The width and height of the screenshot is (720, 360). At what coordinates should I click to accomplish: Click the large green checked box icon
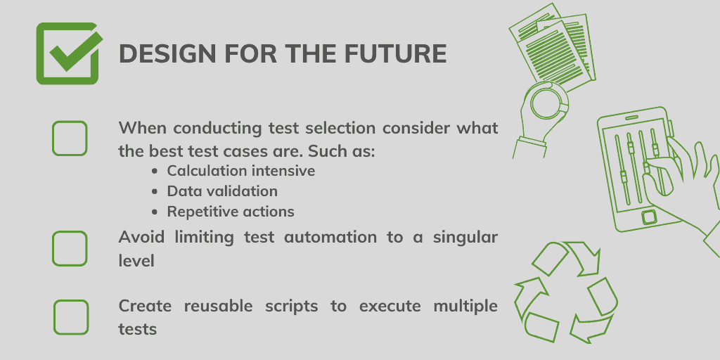coord(67,53)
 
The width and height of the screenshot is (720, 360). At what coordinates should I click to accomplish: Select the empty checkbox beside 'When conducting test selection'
coord(70,138)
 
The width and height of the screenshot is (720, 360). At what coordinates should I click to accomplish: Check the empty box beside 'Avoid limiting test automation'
coord(70,248)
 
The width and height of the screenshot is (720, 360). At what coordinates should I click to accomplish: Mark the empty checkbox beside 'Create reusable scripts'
coord(71,317)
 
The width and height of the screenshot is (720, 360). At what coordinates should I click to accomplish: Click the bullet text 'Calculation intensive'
coord(240,171)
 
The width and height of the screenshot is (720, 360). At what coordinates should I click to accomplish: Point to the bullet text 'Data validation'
coord(221,191)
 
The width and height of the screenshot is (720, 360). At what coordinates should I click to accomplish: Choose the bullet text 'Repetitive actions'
coord(230,212)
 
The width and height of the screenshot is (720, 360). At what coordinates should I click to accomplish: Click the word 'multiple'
coord(465,307)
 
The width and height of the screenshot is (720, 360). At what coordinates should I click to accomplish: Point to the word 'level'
coord(136,259)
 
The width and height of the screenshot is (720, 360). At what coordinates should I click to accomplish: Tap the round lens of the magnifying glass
coord(547,103)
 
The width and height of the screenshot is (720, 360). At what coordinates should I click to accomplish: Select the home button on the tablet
coord(648,216)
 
